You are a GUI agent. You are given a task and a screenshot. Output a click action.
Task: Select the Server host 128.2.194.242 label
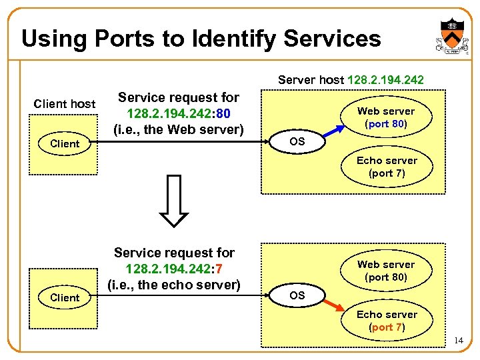[351, 80]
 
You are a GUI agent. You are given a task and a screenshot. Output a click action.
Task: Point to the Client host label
[65, 103]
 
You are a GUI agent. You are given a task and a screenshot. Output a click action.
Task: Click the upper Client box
[65, 143]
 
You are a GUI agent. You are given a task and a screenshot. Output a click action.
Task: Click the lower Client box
[65, 297]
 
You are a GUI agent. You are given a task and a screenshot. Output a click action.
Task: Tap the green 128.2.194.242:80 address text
[178, 113]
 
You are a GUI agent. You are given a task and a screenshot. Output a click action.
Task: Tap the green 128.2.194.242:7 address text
[174, 269]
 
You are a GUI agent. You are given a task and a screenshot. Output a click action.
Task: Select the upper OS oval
[297, 141]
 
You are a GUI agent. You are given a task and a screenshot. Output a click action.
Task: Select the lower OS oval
[297, 295]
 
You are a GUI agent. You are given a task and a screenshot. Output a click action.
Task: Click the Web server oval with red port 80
[386, 117]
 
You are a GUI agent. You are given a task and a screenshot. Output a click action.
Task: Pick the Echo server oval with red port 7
[386, 321]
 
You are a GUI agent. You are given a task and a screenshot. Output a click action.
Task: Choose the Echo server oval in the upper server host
[386, 167]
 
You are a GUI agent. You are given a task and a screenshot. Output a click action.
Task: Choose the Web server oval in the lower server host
[386, 271]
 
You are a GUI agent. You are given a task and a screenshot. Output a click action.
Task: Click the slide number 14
[457, 341]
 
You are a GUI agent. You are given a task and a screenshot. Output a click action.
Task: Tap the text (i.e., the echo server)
[174, 285]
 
